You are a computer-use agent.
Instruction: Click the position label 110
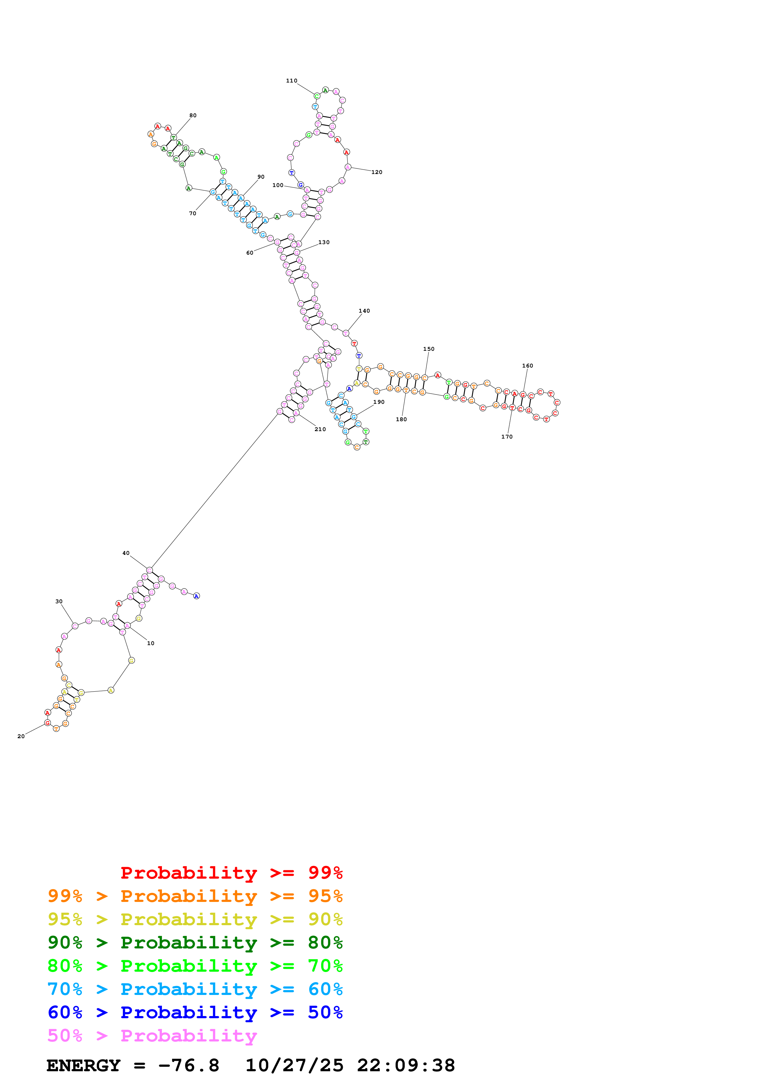(291, 81)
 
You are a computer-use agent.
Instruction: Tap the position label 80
(193, 115)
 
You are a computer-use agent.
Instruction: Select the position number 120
(377, 172)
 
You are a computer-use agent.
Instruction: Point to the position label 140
(364, 311)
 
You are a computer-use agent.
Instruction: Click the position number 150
(428, 349)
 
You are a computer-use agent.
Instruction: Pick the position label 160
(527, 366)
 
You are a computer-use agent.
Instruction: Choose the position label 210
(320, 429)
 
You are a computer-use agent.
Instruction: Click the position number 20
(21, 736)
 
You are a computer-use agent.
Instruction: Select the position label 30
(59, 601)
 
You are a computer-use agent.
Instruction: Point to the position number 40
(126, 553)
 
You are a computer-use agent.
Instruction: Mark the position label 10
(151, 643)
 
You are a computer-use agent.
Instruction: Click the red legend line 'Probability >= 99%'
(231, 872)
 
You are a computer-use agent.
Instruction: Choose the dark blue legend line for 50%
(195, 1012)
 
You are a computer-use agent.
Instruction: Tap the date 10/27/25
(294, 1065)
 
